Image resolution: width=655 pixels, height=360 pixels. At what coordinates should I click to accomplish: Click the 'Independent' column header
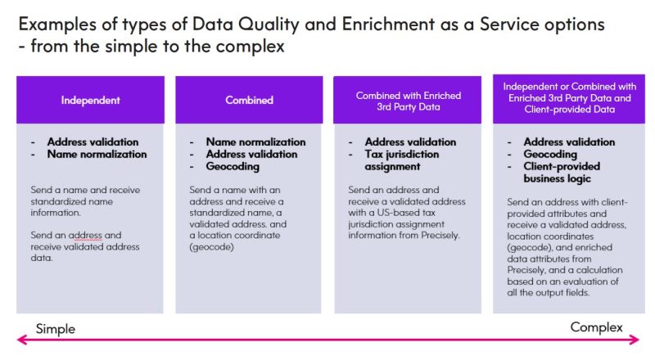pos(90,101)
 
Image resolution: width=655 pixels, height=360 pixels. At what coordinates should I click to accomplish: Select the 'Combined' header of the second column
pos(250,101)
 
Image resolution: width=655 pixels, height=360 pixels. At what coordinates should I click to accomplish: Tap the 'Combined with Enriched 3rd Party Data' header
pos(408,101)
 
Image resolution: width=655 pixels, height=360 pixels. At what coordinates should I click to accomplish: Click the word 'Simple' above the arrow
pos(56,329)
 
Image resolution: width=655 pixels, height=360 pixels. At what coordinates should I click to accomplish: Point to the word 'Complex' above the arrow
pos(597,327)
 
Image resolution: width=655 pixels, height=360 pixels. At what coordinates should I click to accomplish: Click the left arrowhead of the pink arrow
pos(22,340)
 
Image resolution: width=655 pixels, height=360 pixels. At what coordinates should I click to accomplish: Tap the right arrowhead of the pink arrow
pos(634,340)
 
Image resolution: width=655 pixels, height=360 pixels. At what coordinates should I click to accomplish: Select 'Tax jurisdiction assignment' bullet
pos(402,160)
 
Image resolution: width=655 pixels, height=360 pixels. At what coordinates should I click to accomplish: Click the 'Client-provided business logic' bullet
pos(562,173)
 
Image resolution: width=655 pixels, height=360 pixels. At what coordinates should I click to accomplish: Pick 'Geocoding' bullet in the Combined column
pos(233,166)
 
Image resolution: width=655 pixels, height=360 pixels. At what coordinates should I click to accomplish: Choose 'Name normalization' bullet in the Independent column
pos(97,154)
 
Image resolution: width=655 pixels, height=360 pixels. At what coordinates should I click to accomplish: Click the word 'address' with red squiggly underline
pos(85,236)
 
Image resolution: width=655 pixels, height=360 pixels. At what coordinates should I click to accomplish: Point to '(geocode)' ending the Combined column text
pos(211,247)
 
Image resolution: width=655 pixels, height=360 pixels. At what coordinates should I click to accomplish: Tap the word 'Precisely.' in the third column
pos(440,235)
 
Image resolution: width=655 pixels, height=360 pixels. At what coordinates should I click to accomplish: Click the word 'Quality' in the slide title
pos(269,25)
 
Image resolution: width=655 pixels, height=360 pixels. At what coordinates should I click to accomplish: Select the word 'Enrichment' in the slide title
pos(388,25)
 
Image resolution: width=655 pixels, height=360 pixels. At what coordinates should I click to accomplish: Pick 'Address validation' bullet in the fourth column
pos(569,142)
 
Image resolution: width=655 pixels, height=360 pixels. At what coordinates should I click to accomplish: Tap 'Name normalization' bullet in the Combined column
pos(255,142)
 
